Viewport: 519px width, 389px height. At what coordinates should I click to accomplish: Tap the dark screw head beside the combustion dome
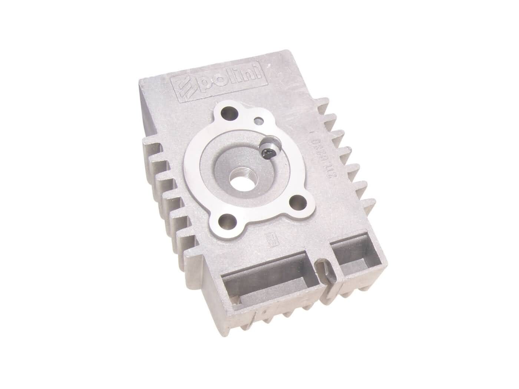270,150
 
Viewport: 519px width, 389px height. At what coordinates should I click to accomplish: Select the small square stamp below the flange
270,240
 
